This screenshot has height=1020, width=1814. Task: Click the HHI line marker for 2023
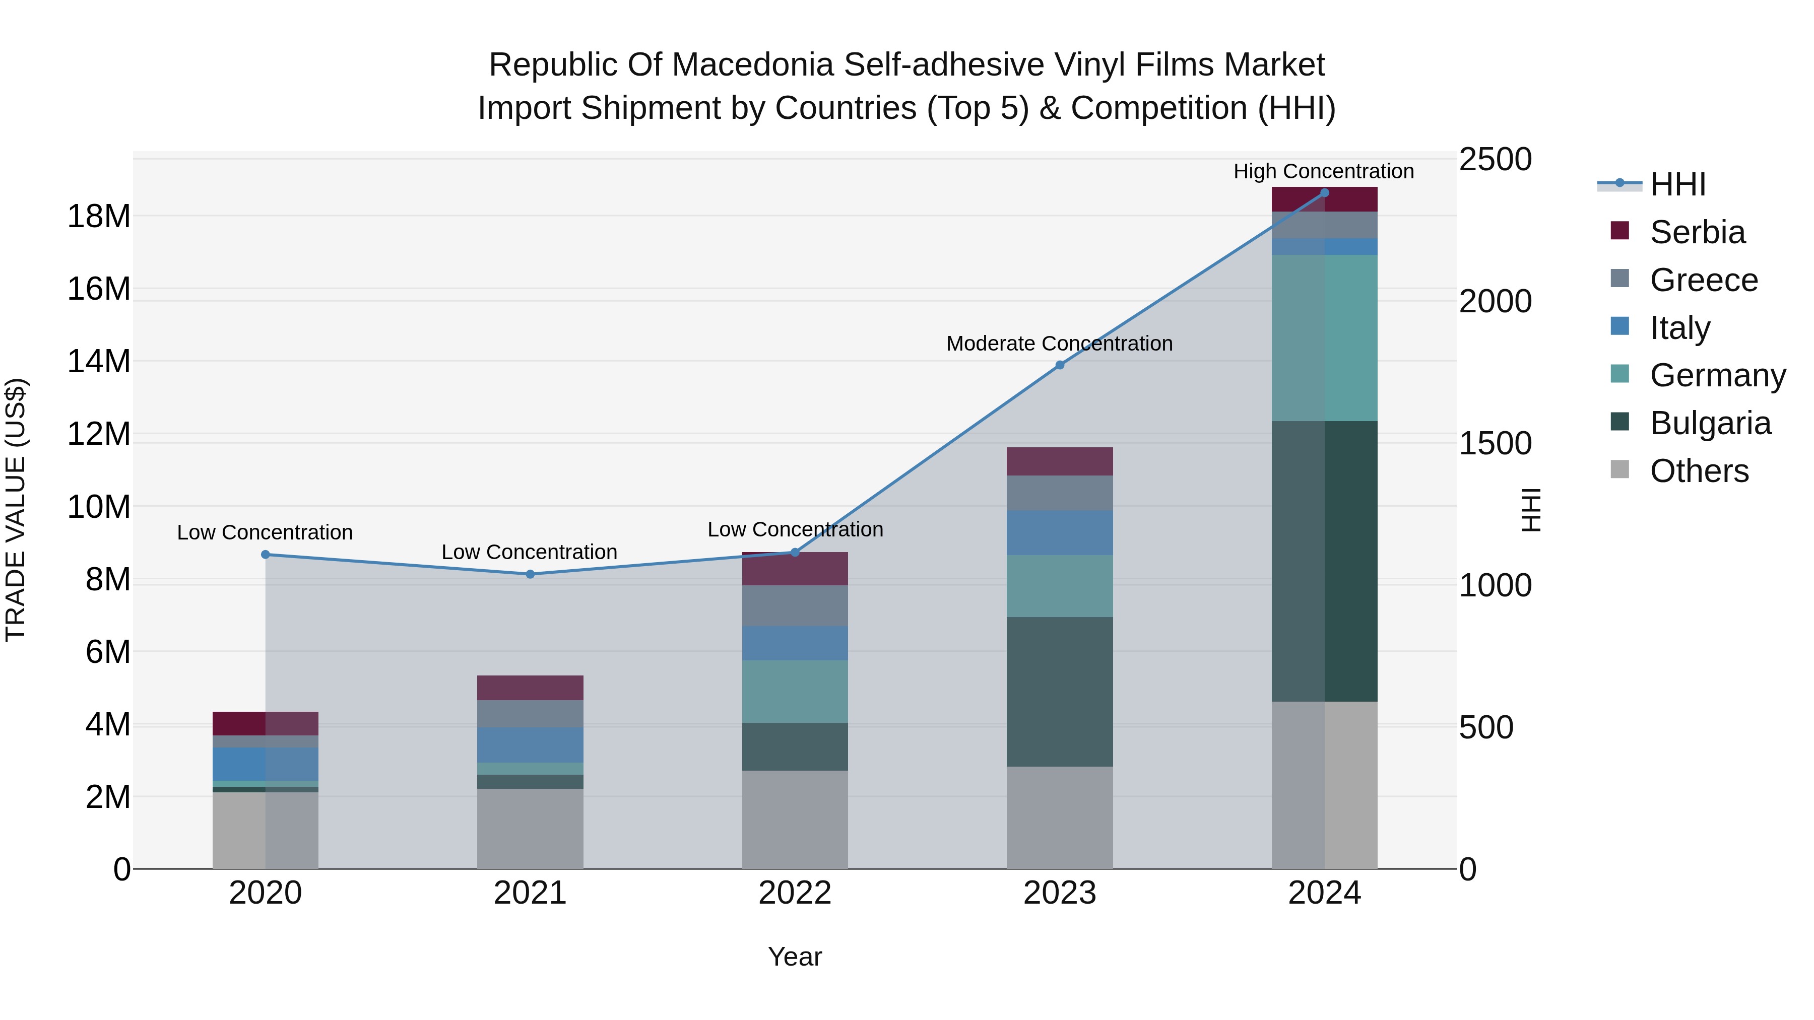tap(1059, 365)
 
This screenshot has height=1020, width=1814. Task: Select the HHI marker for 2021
tap(530, 574)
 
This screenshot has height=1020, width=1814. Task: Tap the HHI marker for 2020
tap(266, 555)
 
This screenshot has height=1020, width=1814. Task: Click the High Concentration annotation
tap(1323, 171)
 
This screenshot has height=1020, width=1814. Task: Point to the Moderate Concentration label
tap(1059, 344)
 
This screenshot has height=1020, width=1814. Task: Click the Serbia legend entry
tap(1697, 232)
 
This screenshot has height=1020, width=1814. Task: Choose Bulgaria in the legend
tap(1710, 423)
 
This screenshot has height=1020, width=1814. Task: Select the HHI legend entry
tap(1677, 184)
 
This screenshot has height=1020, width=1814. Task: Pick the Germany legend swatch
tap(1619, 374)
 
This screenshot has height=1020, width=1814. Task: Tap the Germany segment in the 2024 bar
tap(1324, 338)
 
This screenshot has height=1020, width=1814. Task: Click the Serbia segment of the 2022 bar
tap(795, 569)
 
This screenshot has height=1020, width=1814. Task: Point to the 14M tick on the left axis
tap(99, 361)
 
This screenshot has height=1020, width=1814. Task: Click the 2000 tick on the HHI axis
tap(1495, 301)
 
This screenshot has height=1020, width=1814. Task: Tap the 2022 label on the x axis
tap(795, 893)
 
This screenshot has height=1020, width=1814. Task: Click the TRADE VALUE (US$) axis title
tap(16, 510)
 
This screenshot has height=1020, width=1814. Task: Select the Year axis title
tap(795, 957)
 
